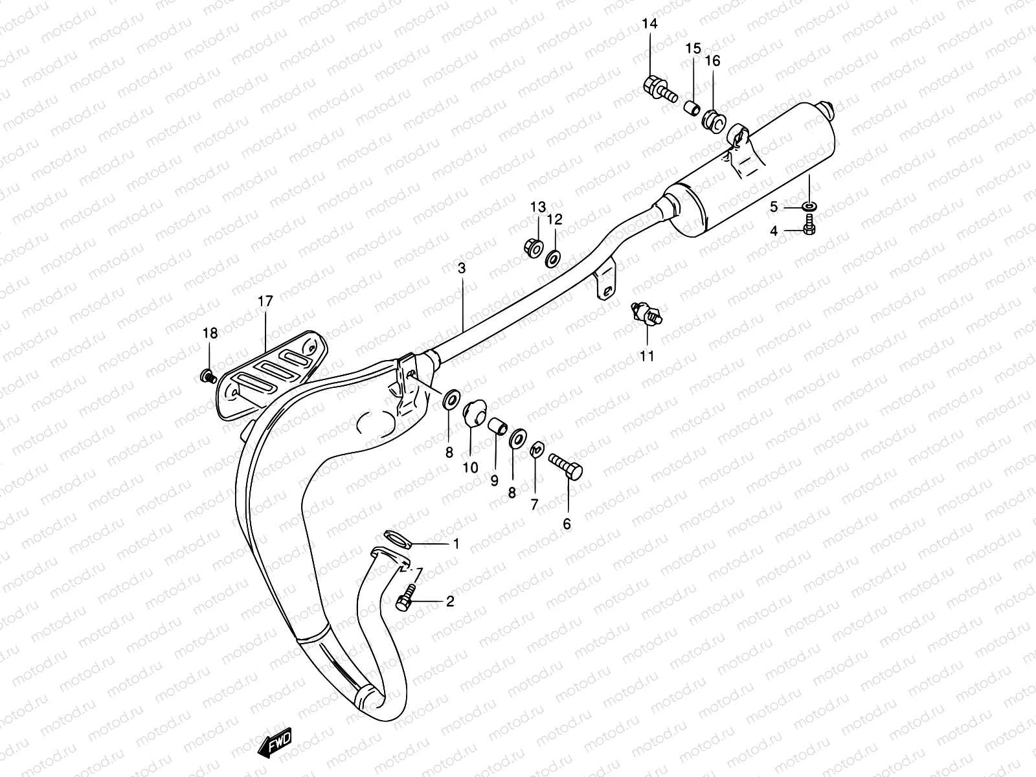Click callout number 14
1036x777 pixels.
(649, 25)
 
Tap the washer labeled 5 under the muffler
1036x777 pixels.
(809, 207)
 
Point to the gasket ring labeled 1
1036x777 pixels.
(397, 537)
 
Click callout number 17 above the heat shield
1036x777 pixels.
(265, 301)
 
